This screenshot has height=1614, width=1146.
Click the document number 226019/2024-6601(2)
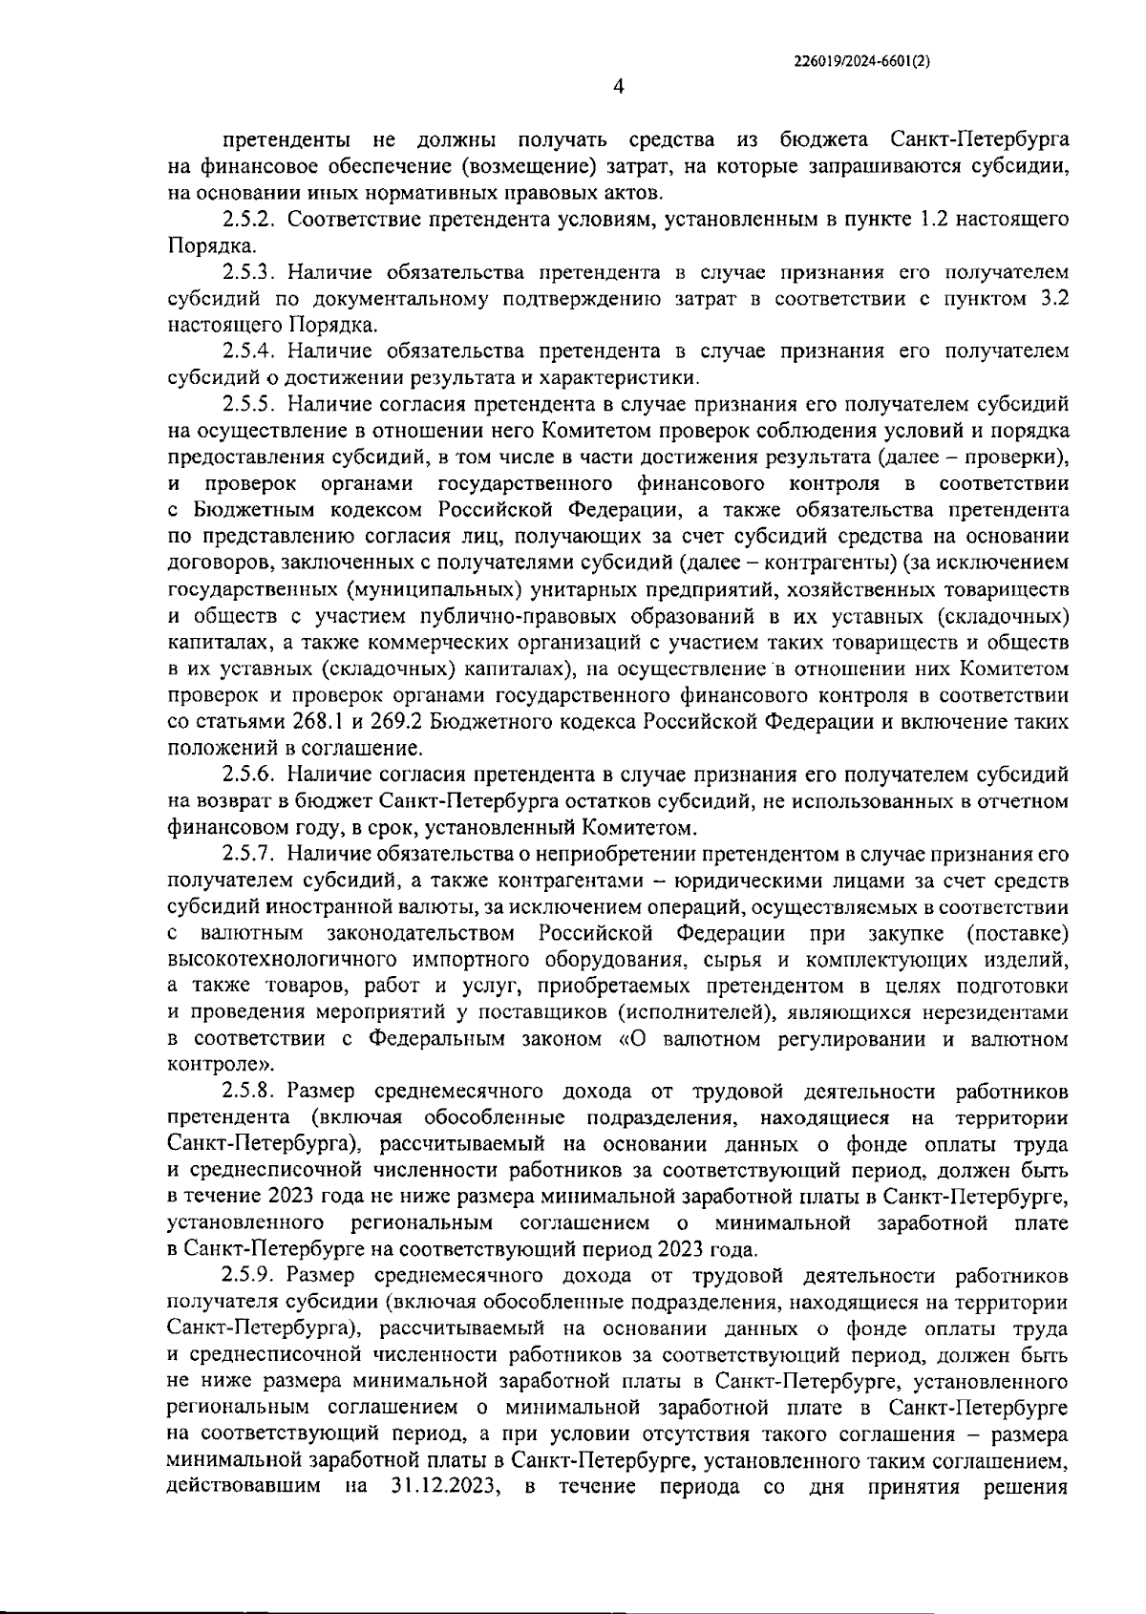coord(861,59)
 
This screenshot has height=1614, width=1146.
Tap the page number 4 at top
coord(618,87)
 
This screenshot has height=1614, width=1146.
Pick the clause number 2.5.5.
coord(249,404)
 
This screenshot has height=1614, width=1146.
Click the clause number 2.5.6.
coord(249,773)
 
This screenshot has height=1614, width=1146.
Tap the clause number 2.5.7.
coord(249,853)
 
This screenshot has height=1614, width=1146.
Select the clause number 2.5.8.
coord(249,1091)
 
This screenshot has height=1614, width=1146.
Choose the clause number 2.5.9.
coord(249,1275)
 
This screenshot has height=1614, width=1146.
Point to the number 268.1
coord(278,720)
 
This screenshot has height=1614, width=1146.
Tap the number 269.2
coord(359,720)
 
